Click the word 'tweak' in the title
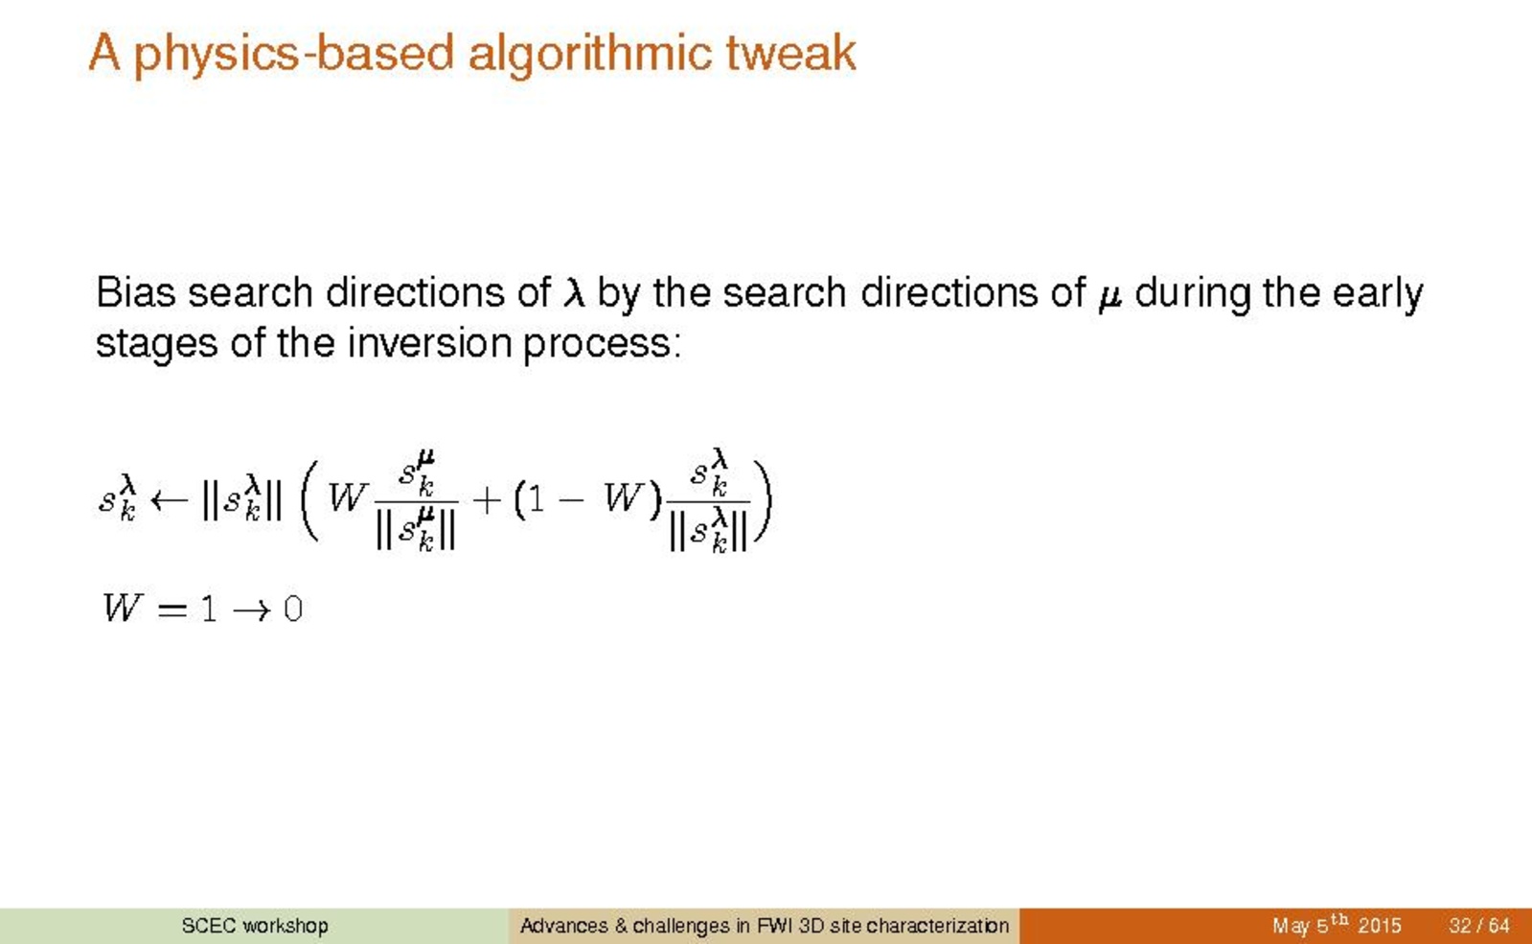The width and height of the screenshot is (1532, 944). [790, 53]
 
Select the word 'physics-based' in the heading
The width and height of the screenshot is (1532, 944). [294, 55]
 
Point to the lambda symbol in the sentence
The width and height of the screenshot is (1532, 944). [574, 293]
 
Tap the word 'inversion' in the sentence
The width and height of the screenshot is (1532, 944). [429, 343]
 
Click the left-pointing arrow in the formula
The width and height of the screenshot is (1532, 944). [169, 500]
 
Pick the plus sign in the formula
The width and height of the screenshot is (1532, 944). [487, 500]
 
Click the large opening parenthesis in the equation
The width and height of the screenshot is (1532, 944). [309, 500]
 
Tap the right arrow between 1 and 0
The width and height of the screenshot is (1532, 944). [252, 610]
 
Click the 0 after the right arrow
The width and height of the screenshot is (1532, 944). [293, 609]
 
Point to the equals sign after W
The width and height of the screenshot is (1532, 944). [171, 610]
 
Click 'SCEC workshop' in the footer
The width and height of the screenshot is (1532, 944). [255, 926]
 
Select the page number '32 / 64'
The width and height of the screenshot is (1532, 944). [1479, 926]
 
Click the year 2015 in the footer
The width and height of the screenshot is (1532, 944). [1381, 926]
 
